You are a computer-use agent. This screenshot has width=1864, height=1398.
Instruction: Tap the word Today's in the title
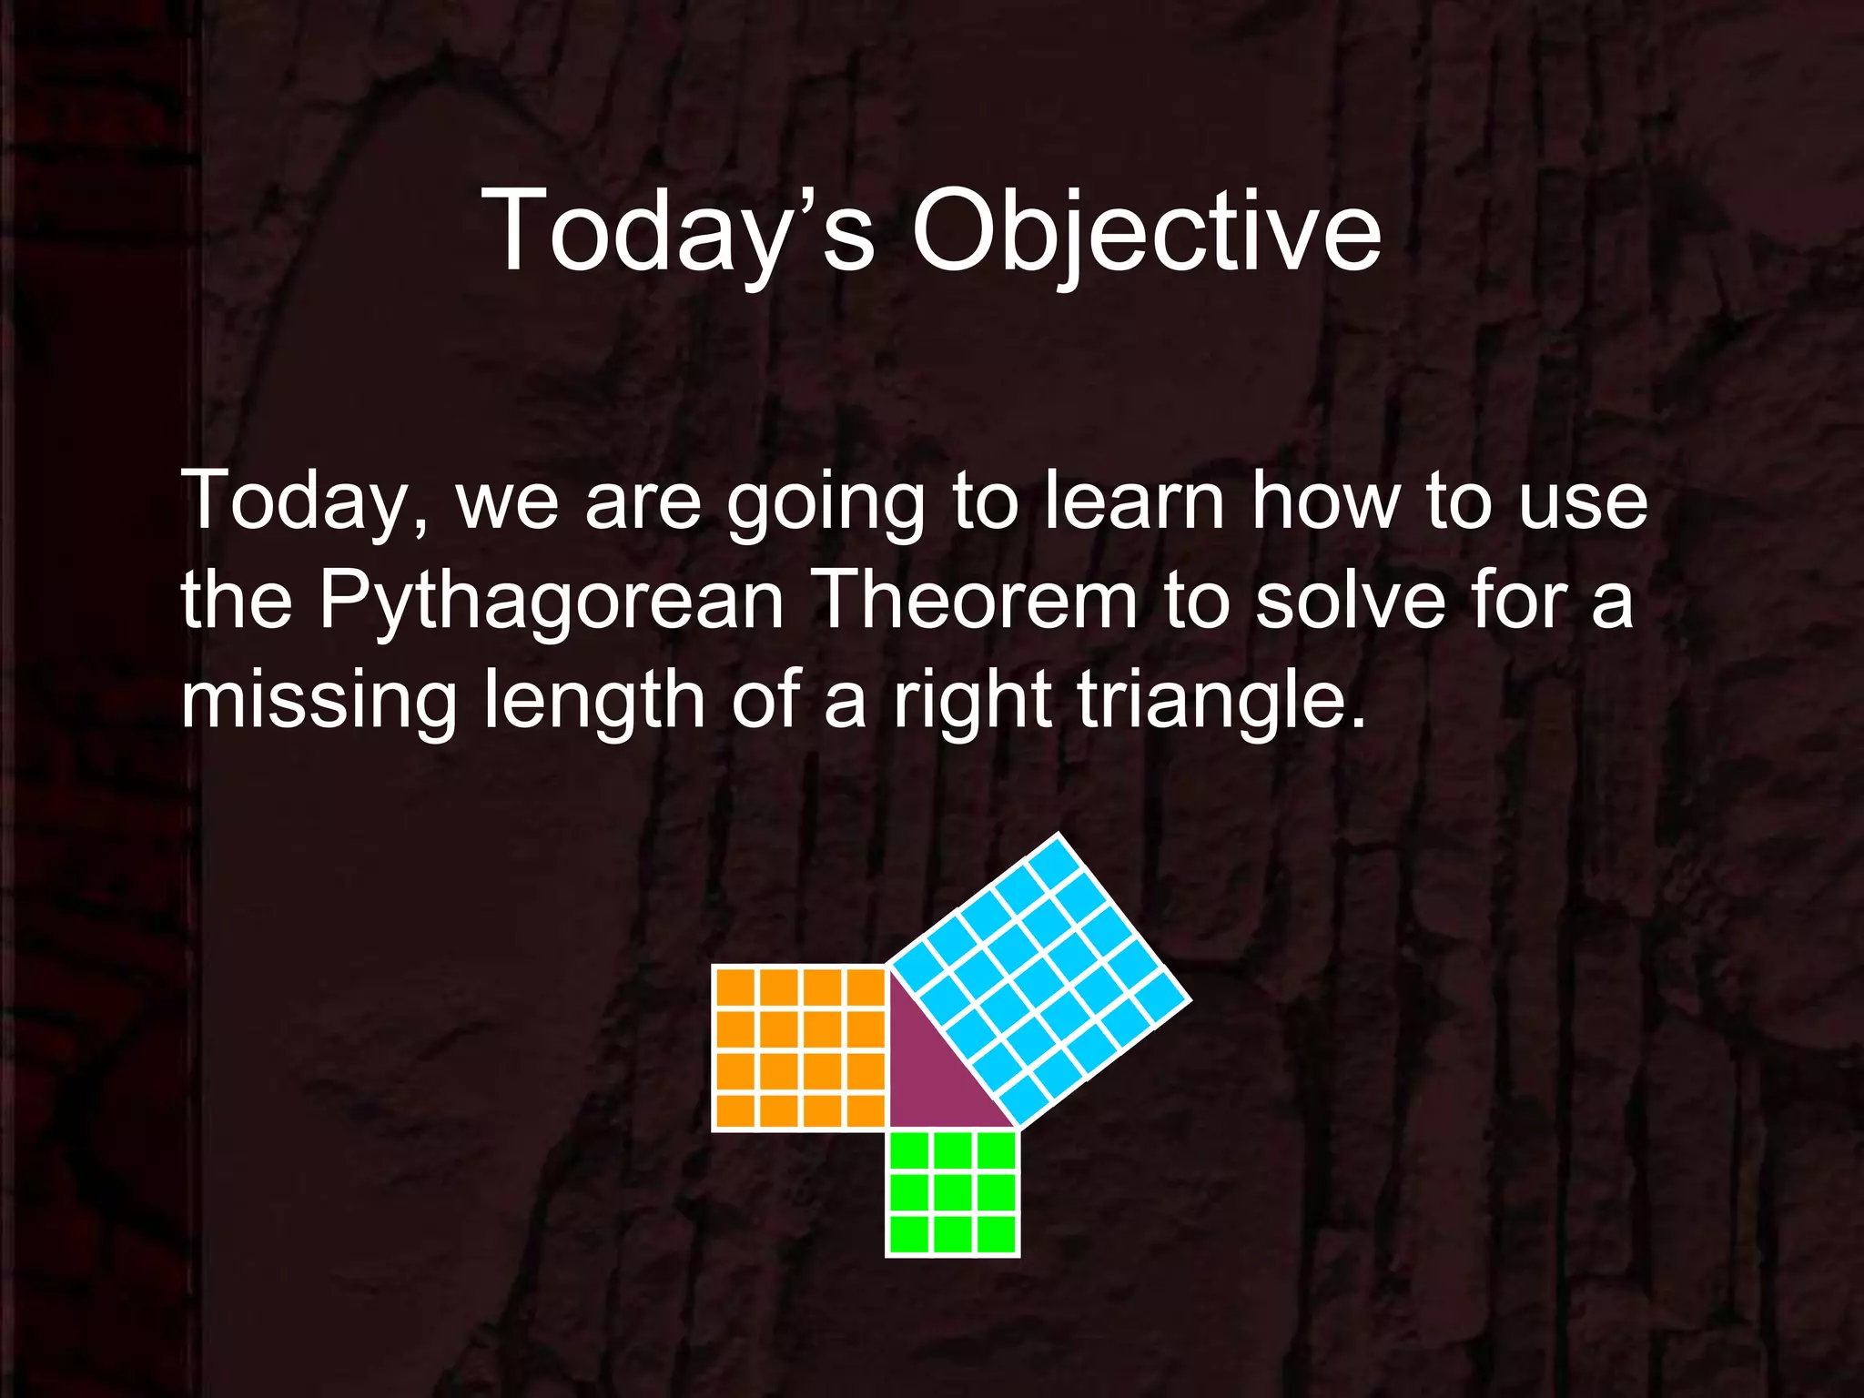pyautogui.click(x=678, y=232)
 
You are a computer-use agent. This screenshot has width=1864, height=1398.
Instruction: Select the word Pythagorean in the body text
pyautogui.click(x=551, y=602)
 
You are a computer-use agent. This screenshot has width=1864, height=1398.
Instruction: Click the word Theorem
pyautogui.click(x=978, y=602)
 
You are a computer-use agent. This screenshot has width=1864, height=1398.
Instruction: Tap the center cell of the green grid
pyautogui.click(x=952, y=1192)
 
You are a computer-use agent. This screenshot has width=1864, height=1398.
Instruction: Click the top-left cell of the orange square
pyautogui.click(x=736, y=988)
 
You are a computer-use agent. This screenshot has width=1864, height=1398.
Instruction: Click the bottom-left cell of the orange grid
pyautogui.click(x=736, y=1110)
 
